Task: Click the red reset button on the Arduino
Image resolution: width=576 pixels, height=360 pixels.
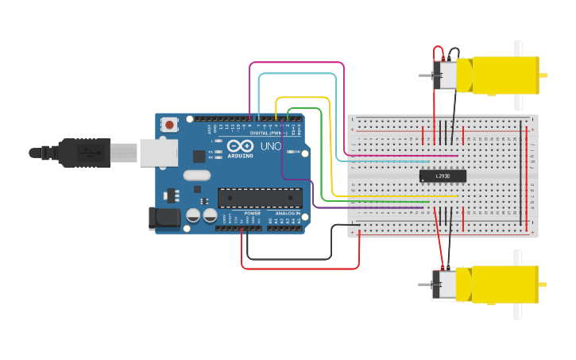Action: (168, 124)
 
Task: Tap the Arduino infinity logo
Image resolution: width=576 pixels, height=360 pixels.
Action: (240, 146)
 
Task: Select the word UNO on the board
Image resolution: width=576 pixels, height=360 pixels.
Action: (271, 146)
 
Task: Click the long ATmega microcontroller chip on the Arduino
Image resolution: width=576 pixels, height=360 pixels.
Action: (260, 198)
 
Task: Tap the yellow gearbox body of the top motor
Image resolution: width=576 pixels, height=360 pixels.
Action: (501, 75)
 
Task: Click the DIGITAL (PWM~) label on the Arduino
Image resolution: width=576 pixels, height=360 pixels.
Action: (269, 133)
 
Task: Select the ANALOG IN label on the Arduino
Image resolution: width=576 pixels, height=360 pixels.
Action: (288, 214)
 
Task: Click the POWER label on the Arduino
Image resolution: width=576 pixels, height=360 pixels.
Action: (253, 214)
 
